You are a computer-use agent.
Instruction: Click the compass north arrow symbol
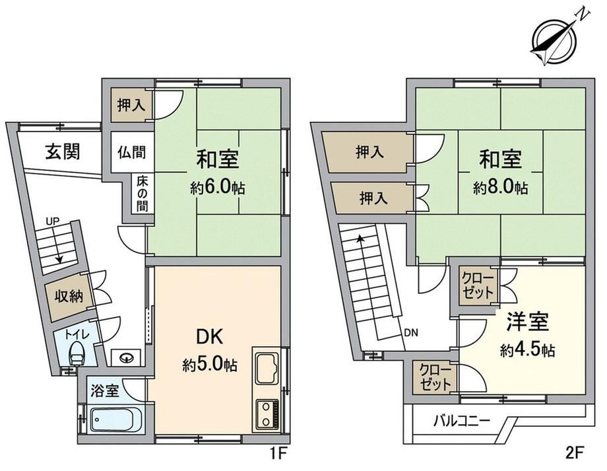pos(555,40)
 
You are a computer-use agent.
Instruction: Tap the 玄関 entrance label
pos(63,151)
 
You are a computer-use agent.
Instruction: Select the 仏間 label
pos(131,152)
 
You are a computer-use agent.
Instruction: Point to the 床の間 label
pos(142,194)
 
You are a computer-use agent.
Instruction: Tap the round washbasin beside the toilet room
pos(126,357)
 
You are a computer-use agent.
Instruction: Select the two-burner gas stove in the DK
pos(266,415)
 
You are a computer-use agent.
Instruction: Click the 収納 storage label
pos(69,296)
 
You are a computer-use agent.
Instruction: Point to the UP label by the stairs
pos(53,222)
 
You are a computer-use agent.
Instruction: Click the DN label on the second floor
pos(411,333)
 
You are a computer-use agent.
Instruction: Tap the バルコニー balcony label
pos(461,421)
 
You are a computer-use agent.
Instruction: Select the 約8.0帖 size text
pos(500,188)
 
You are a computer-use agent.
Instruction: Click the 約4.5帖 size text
pos(527,350)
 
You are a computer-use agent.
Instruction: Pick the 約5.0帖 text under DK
pos(210,365)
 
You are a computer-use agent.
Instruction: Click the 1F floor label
pos(277,453)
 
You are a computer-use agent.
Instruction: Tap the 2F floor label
pos(575,453)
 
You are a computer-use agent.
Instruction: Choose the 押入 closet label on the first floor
pos(131,105)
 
